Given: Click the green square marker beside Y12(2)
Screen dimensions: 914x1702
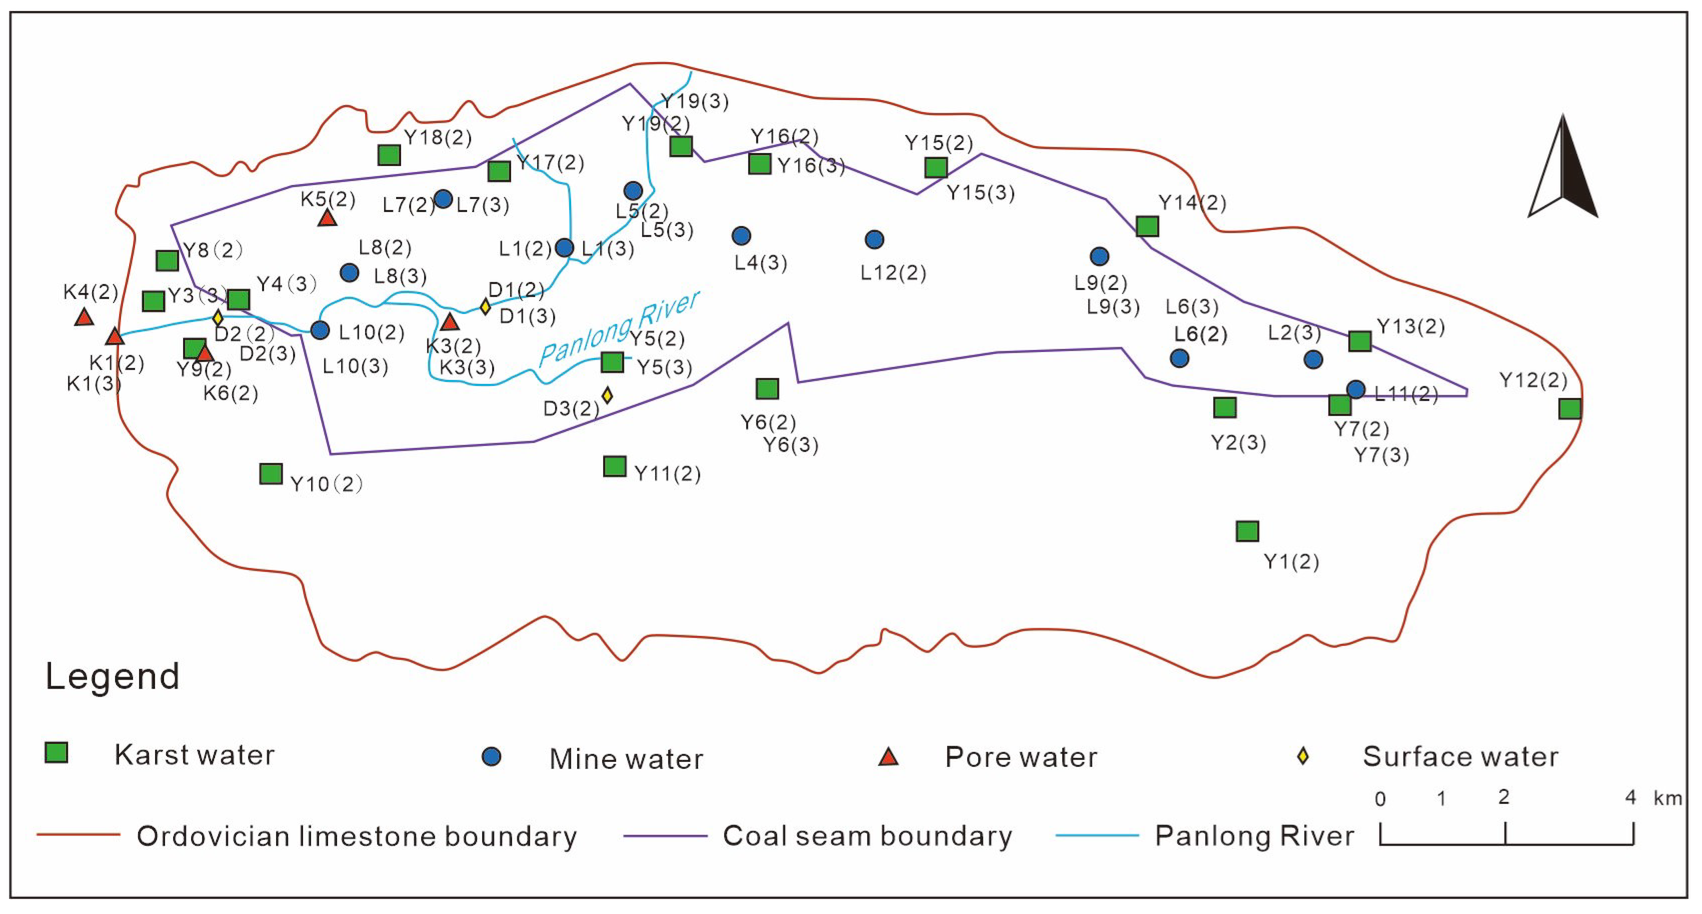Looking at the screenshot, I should [1570, 409].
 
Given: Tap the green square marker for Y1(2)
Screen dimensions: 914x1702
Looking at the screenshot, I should [1247, 531].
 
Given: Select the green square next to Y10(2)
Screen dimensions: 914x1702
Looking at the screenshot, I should [271, 474].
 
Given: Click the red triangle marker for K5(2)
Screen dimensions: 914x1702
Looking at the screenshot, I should [327, 218].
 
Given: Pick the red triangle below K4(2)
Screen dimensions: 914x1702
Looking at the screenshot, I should [84, 318].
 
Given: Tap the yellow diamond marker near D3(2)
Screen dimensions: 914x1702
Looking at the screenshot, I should [607, 396].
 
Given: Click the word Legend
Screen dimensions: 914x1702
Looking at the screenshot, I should [112, 676].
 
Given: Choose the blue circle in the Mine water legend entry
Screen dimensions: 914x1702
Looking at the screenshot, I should [491, 757].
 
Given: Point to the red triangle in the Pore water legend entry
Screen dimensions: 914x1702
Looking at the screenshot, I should [888, 757].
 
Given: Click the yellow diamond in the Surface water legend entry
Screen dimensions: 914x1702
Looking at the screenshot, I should [1303, 756].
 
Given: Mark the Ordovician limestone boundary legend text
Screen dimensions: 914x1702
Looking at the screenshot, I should [357, 836].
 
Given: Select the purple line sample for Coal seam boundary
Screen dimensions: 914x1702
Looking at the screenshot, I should [665, 836].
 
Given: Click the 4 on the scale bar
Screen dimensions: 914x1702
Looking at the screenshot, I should [1630, 798].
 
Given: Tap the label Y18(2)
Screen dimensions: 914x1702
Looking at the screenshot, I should [438, 137].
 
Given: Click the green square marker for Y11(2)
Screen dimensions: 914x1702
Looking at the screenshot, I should [614, 466].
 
